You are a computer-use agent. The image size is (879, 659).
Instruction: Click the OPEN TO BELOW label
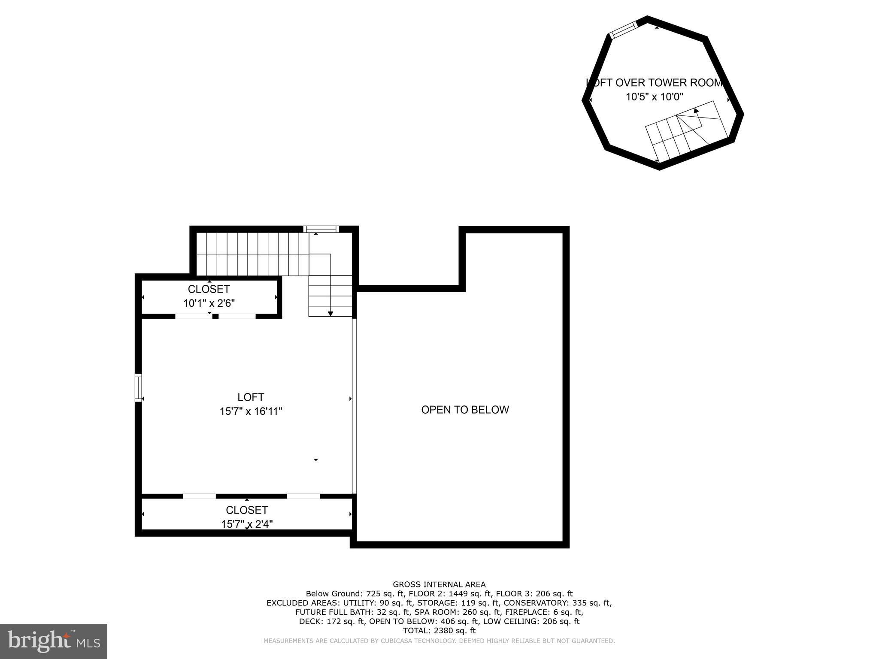tap(465, 410)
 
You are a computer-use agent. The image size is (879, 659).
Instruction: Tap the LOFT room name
tap(251, 397)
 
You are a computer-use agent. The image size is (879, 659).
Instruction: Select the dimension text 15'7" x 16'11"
tap(251, 411)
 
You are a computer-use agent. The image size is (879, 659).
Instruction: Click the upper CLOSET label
tap(209, 289)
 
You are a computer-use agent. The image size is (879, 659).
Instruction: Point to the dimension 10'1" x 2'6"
tap(209, 303)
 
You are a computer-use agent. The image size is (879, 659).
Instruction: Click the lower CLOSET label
tap(247, 510)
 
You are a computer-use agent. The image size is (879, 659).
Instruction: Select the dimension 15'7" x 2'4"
tap(247, 524)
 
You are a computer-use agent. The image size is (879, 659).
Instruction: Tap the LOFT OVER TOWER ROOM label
tap(655, 83)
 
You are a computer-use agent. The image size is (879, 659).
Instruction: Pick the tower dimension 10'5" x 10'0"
tap(654, 97)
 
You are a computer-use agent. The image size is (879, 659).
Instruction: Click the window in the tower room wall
tap(624, 30)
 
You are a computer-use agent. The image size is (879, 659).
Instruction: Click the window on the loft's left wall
tap(138, 388)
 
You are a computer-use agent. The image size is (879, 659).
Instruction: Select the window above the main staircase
tap(321, 229)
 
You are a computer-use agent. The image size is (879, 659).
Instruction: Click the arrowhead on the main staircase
tap(330, 314)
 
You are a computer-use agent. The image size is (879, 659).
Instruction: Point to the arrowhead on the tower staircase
tap(696, 111)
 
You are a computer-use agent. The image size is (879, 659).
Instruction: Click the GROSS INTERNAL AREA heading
tap(439, 584)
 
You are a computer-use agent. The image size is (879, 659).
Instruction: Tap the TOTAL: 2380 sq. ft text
tap(439, 631)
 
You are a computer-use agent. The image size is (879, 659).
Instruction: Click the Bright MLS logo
tap(54, 641)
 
